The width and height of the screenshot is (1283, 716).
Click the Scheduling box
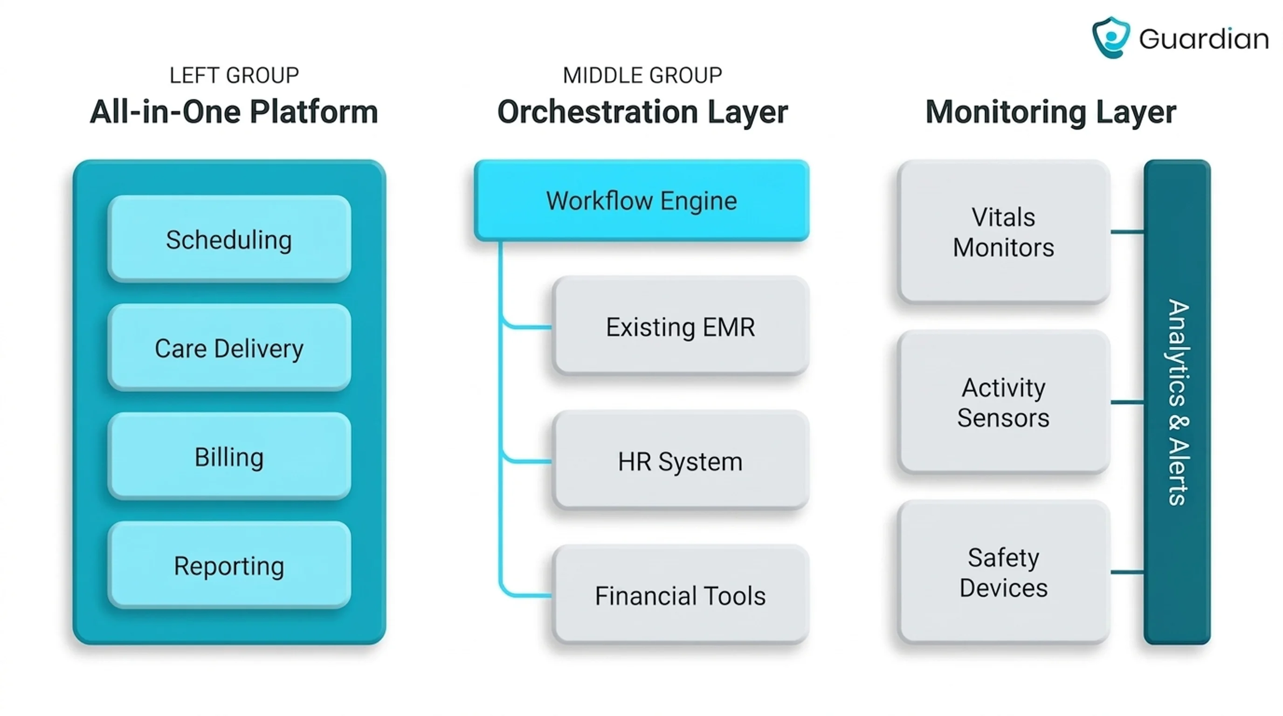tap(229, 239)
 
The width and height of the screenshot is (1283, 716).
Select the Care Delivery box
tap(229, 348)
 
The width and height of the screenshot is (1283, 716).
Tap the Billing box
tap(229, 456)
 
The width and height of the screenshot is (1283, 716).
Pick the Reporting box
tap(229, 565)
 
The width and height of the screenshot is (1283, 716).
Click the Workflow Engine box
tap(641, 200)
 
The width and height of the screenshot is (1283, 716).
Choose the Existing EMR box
tap(680, 326)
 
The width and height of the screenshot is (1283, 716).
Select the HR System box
tap(680, 461)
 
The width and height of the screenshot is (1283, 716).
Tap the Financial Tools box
tap(680, 594)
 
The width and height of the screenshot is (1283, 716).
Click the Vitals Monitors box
tap(1004, 232)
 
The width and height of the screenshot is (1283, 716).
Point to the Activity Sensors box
tap(1004, 402)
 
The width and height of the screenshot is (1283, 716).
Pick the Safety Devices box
tap(1004, 572)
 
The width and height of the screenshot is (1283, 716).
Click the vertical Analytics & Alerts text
tap(1179, 402)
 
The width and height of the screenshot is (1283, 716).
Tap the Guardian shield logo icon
tap(1110, 37)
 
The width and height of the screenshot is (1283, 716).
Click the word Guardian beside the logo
tap(1204, 39)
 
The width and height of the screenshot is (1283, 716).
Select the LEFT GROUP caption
tap(234, 76)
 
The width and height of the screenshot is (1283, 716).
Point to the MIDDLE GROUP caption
tap(642, 76)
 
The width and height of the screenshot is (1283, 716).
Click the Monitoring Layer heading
tap(1051, 111)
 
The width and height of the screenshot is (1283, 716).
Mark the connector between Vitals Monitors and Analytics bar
tap(1127, 232)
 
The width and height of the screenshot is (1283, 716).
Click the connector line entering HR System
tap(527, 461)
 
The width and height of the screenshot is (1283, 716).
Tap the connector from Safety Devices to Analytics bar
tap(1127, 572)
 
